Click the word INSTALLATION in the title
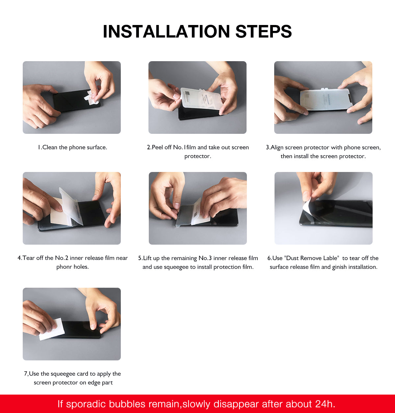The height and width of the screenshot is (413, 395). pos(166,32)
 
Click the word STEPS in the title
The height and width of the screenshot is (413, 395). pos(263,32)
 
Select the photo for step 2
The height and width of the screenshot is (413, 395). pos(197,97)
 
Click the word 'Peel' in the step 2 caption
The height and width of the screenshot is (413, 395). pos(157,147)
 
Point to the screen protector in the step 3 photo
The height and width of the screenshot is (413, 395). pos(326,99)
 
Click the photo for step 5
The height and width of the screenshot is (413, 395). pos(197,208)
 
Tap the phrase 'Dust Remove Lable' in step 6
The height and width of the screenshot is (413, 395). pos(311,258)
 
